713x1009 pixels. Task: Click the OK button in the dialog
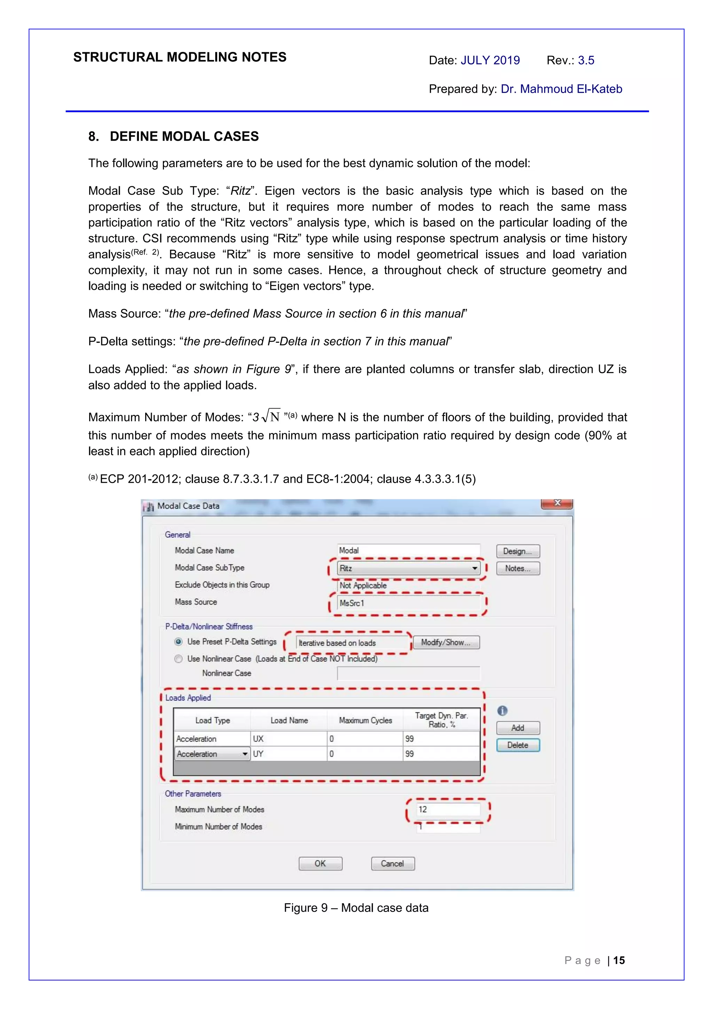click(x=320, y=863)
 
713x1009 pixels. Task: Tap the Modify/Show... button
click(x=446, y=643)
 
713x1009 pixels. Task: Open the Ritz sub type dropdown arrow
click(x=475, y=568)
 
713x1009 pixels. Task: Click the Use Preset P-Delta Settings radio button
click(x=178, y=642)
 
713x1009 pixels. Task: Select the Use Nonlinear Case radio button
click(x=178, y=659)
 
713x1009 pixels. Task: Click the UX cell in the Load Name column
click(x=288, y=739)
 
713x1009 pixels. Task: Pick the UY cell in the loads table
click(x=288, y=754)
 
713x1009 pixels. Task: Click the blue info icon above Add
click(x=502, y=711)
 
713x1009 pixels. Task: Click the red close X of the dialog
click(x=557, y=503)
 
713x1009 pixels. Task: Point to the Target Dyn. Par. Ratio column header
click(x=441, y=720)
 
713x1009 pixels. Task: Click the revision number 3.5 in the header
click(x=586, y=60)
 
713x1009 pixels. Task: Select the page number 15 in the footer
click(x=619, y=960)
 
